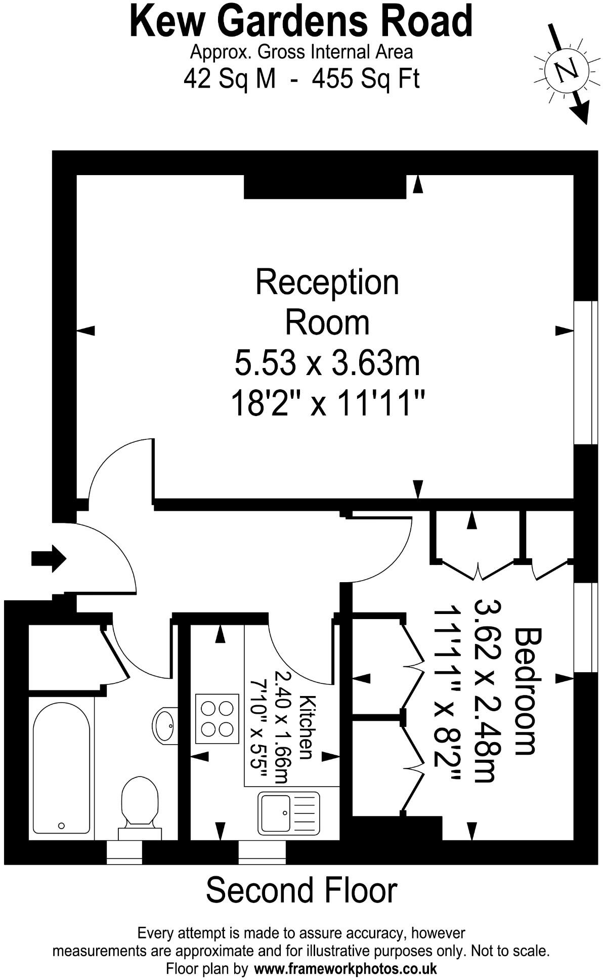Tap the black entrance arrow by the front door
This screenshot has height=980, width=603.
[x=49, y=558]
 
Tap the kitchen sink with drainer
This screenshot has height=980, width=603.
[x=288, y=812]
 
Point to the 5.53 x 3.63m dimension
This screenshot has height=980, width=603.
[x=327, y=363]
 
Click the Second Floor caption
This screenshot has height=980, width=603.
[x=301, y=890]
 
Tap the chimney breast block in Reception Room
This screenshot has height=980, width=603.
[x=325, y=187]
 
